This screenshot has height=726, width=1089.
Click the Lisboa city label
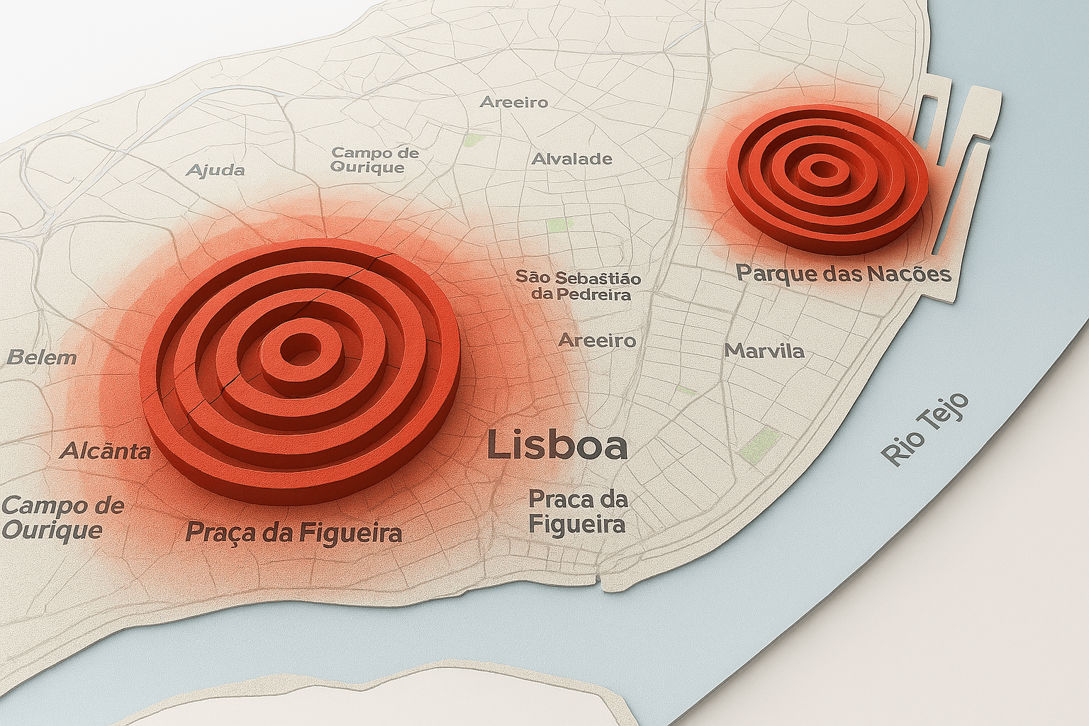pyautogui.click(x=557, y=445)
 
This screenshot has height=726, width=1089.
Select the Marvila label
pyautogui.click(x=764, y=350)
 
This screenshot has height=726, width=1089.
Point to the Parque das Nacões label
pyautogui.click(x=843, y=273)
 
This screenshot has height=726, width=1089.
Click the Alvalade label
pyautogui.click(x=571, y=159)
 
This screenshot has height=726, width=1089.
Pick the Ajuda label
pyautogui.click(x=216, y=170)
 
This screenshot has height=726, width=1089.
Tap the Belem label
pyautogui.click(x=42, y=357)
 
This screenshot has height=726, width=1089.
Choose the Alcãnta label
pyautogui.click(x=106, y=450)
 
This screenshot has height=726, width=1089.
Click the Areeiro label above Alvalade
pyautogui.click(x=514, y=102)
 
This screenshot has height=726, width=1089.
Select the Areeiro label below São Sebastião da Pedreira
pyautogui.click(x=597, y=340)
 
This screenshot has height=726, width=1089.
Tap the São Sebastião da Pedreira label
pyautogui.click(x=578, y=286)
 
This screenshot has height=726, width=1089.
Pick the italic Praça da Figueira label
pyautogui.click(x=294, y=532)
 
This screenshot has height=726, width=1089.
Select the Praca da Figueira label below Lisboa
pyautogui.click(x=578, y=511)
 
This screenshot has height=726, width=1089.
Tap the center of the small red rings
pyautogui.click(x=822, y=169)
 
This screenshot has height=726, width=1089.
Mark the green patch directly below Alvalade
pyautogui.click(x=559, y=225)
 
